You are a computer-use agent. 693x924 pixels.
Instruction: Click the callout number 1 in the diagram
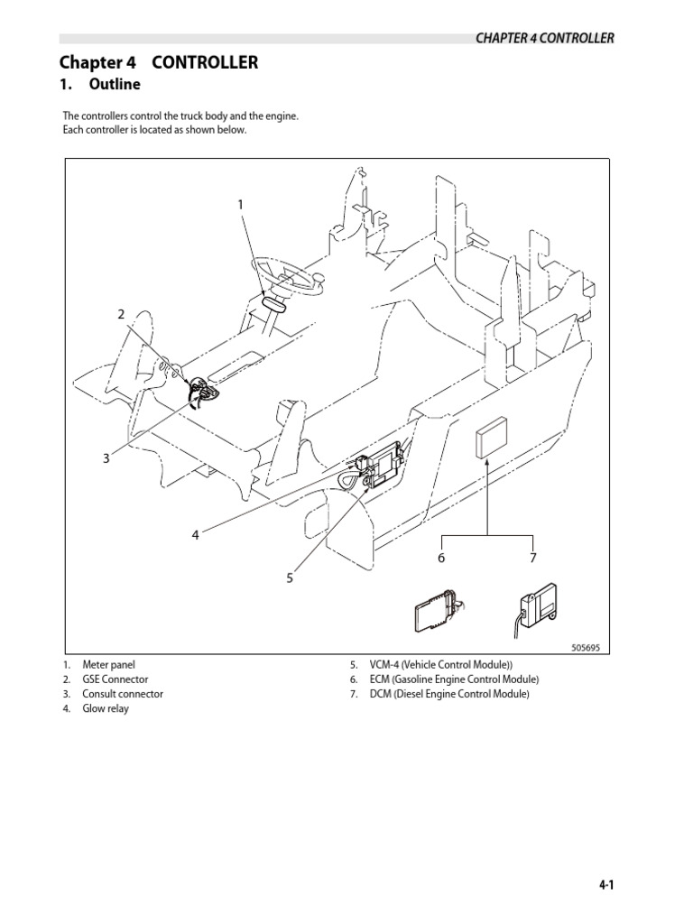[x=240, y=205]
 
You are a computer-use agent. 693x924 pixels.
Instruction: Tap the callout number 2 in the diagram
[x=120, y=314]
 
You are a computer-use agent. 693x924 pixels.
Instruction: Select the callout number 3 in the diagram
[x=106, y=458]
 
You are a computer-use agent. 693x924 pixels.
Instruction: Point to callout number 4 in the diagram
[x=194, y=535]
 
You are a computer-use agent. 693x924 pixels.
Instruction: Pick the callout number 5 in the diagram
[x=290, y=577]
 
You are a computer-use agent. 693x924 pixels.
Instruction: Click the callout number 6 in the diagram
[x=442, y=559]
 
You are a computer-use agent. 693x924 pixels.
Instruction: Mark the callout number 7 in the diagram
[x=533, y=559]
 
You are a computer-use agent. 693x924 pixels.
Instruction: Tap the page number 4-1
[x=605, y=887]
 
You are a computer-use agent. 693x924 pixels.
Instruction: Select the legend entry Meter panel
[x=108, y=665]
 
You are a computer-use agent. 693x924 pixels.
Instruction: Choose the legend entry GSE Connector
[x=115, y=679]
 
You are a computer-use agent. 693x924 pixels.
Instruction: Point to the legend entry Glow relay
[x=105, y=708]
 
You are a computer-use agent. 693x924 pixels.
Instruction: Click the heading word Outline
[x=115, y=85]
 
